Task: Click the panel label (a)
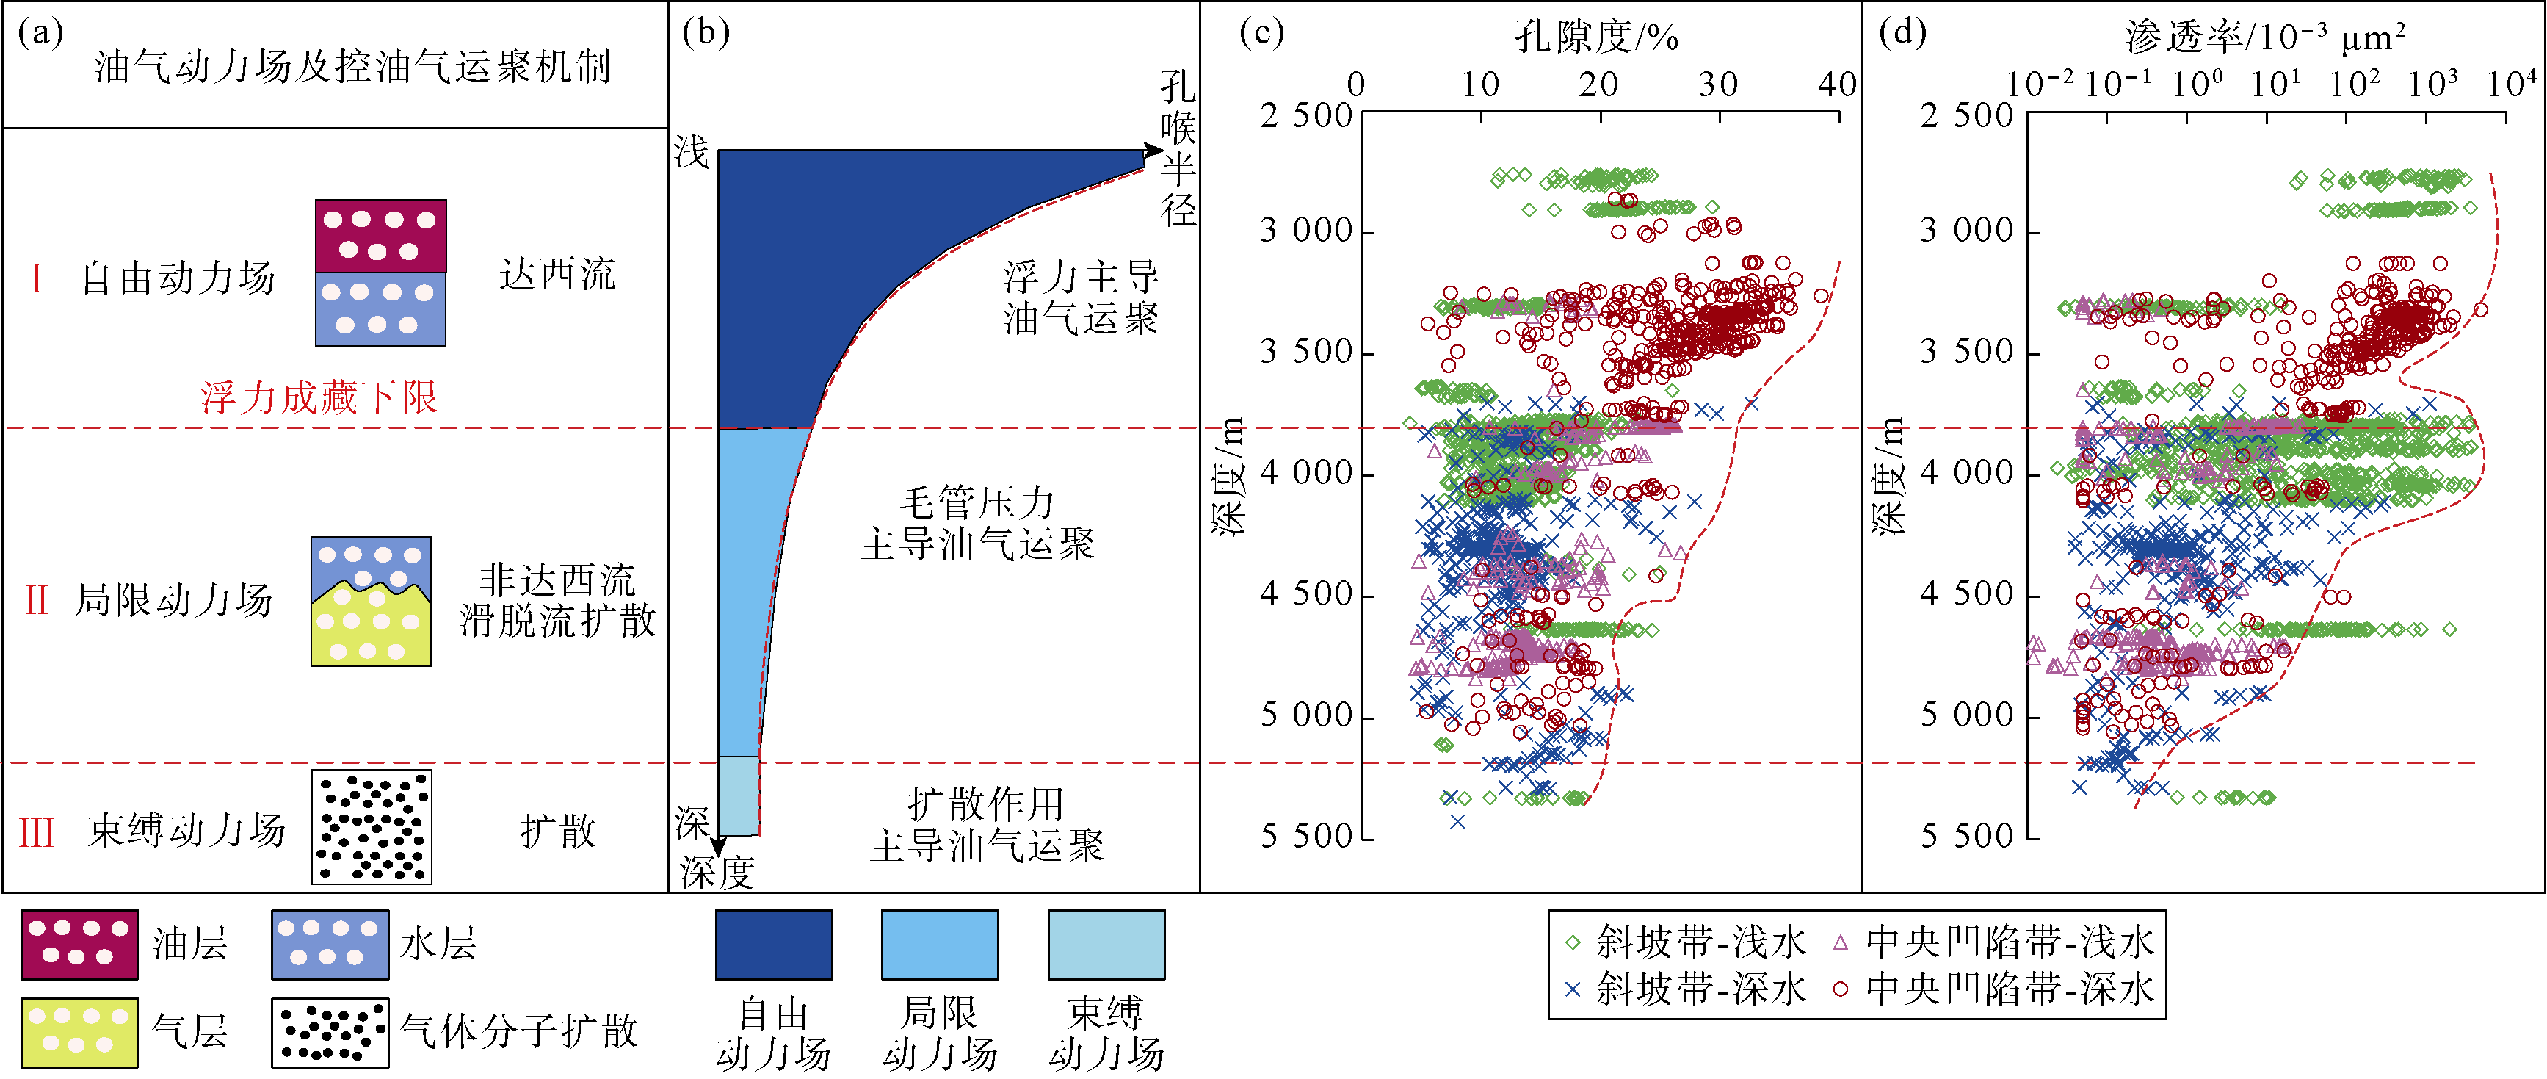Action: click(40, 34)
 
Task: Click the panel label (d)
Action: click(1902, 34)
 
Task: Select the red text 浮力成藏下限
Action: click(319, 397)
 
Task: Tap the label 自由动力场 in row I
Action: click(178, 278)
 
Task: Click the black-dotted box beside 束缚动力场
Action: click(372, 827)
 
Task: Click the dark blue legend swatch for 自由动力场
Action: click(773, 945)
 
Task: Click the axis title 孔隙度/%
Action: click(1597, 37)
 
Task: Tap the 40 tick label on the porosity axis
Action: click(1837, 85)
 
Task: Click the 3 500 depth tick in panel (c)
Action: click(1305, 352)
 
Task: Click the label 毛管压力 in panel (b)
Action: click(977, 502)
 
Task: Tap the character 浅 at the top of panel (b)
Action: click(692, 152)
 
